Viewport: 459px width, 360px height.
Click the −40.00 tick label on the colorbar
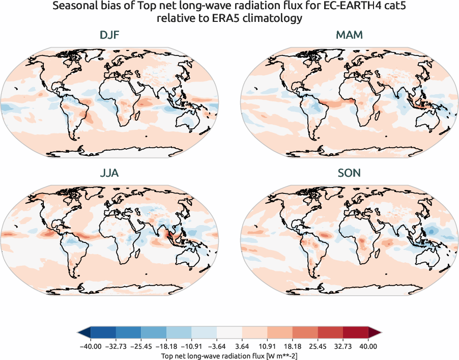tap(91, 346)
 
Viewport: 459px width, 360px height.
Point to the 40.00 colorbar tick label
tap(368, 346)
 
